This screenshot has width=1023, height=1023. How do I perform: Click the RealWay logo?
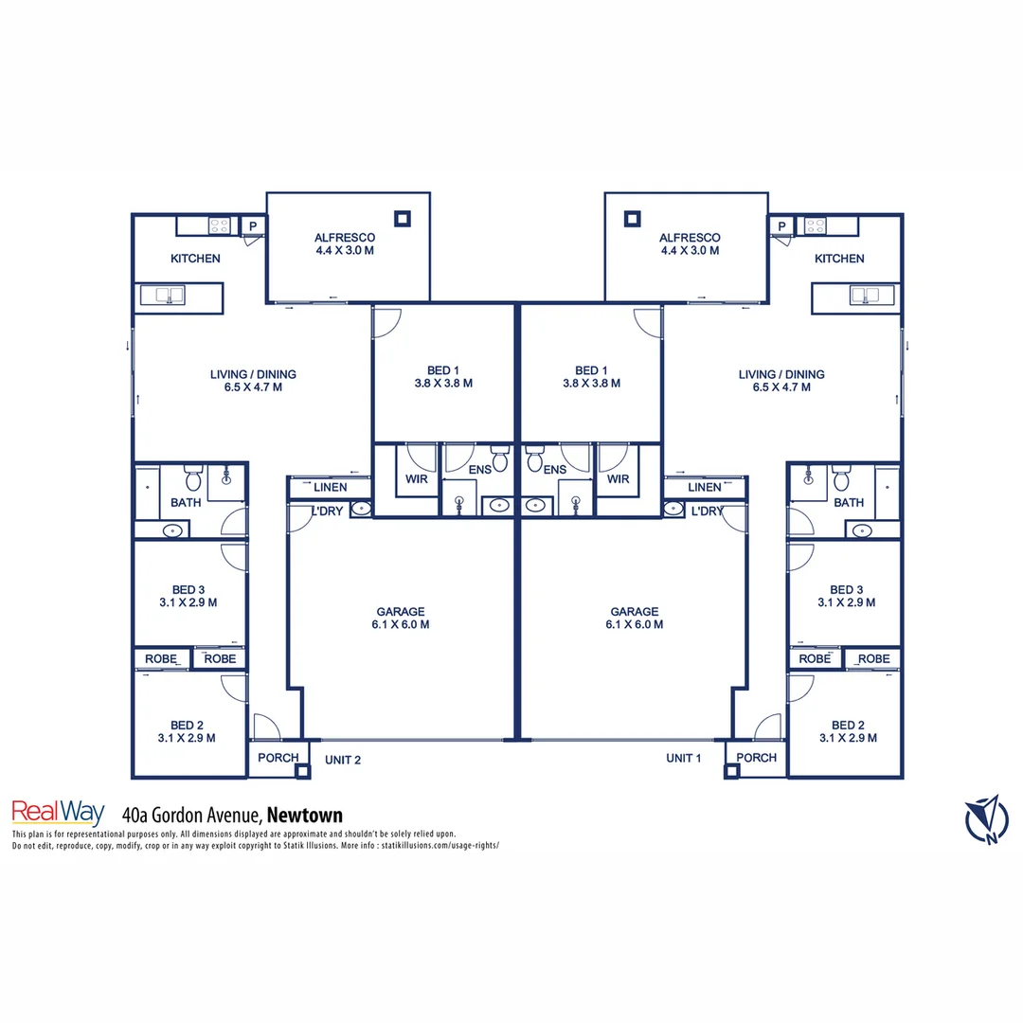coord(57,813)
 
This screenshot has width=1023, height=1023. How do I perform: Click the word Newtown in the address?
coord(304,815)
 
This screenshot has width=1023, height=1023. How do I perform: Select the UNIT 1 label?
coord(685,758)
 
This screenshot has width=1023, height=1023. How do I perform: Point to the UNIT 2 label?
coord(343,759)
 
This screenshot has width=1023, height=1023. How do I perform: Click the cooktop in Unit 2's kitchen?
coord(219,225)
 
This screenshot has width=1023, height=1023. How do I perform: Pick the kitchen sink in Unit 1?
coord(866,295)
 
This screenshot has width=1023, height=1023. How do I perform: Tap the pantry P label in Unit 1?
coord(781,225)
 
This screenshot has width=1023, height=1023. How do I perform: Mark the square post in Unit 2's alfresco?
coord(403,219)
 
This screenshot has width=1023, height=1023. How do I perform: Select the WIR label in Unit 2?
coord(416,479)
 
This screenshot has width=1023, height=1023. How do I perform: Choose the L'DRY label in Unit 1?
coord(707,511)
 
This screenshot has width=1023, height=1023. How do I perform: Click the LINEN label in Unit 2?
coord(330,487)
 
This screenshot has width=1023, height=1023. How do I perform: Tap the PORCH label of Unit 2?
coord(278,758)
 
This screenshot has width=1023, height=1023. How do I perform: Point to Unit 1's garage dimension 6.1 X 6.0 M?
coord(634,625)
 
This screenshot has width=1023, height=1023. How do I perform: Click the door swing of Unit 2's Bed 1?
coord(386,323)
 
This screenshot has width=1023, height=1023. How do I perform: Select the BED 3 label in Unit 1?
coord(846,589)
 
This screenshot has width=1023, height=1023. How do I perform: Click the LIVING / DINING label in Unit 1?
coord(781,374)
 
